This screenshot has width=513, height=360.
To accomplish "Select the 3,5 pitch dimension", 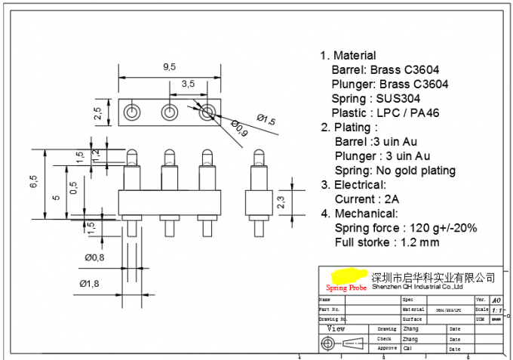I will click(x=188, y=83).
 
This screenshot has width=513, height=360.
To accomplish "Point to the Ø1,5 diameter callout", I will click(x=266, y=119).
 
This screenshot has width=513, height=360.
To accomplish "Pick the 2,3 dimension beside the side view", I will click(x=281, y=202).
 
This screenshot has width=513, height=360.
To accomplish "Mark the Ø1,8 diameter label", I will click(x=90, y=283).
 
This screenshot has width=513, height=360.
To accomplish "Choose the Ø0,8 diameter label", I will click(x=94, y=257).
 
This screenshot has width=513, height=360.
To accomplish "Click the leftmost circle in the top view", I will click(x=134, y=113).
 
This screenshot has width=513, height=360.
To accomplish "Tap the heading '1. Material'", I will click(x=348, y=55).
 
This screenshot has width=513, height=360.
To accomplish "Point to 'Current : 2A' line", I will click(x=367, y=199).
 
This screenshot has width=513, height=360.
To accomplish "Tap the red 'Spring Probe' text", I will click(x=346, y=288).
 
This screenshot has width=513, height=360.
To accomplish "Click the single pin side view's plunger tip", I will click(x=259, y=157).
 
